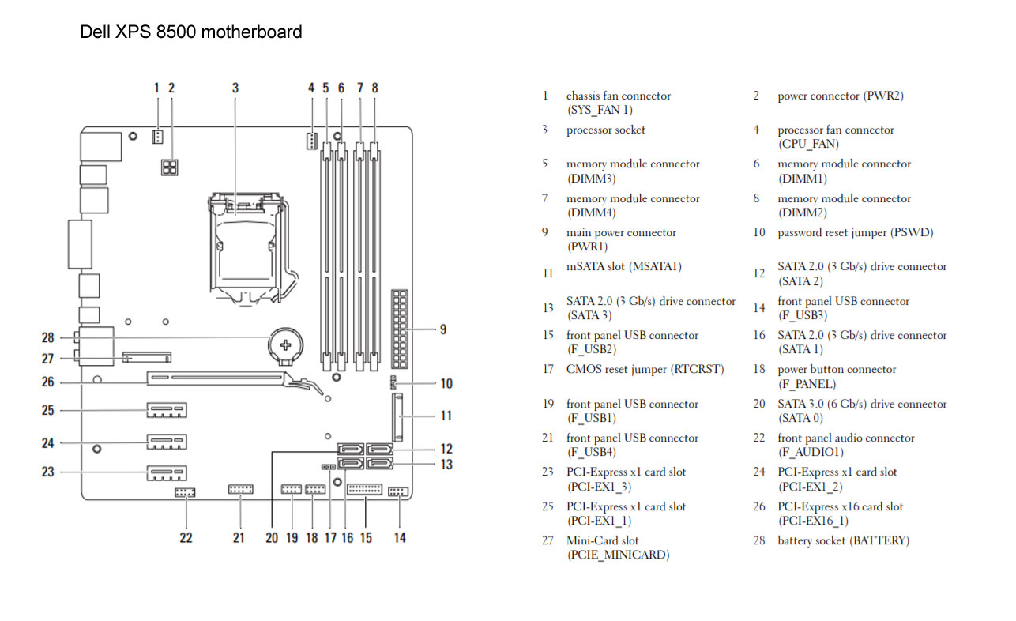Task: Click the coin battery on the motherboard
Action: point(285,345)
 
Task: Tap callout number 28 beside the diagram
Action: point(47,337)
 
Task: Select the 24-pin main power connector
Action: point(400,329)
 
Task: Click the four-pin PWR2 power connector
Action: point(169,167)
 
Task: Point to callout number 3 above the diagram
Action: point(235,88)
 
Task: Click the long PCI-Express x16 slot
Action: point(216,378)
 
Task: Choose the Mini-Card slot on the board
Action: point(147,357)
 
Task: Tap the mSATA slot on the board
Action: point(397,417)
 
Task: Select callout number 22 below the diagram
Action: point(186,538)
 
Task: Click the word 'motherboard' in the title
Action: point(252,32)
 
